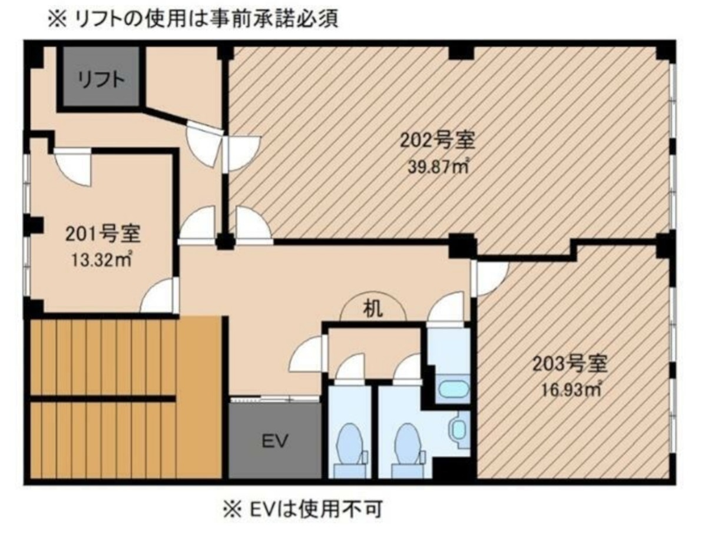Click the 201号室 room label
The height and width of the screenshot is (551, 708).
pyautogui.click(x=103, y=234)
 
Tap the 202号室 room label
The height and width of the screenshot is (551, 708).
pyautogui.click(x=437, y=140)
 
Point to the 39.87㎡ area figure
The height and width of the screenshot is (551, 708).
pyautogui.click(x=438, y=167)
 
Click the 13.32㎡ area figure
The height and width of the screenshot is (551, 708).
pyautogui.click(x=101, y=260)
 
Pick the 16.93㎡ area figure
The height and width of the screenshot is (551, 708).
pyautogui.click(x=571, y=390)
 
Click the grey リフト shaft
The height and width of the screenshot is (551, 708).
pyautogui.click(x=101, y=77)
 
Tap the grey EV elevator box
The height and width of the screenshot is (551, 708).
pyautogui.click(x=274, y=441)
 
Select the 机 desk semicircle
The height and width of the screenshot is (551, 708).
pyautogui.click(x=373, y=307)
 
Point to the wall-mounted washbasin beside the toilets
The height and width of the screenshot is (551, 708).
pyautogui.click(x=458, y=429)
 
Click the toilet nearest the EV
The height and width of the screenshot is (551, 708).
pyautogui.click(x=350, y=450)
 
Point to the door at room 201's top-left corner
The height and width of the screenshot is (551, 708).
pyautogui.click(x=72, y=167)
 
